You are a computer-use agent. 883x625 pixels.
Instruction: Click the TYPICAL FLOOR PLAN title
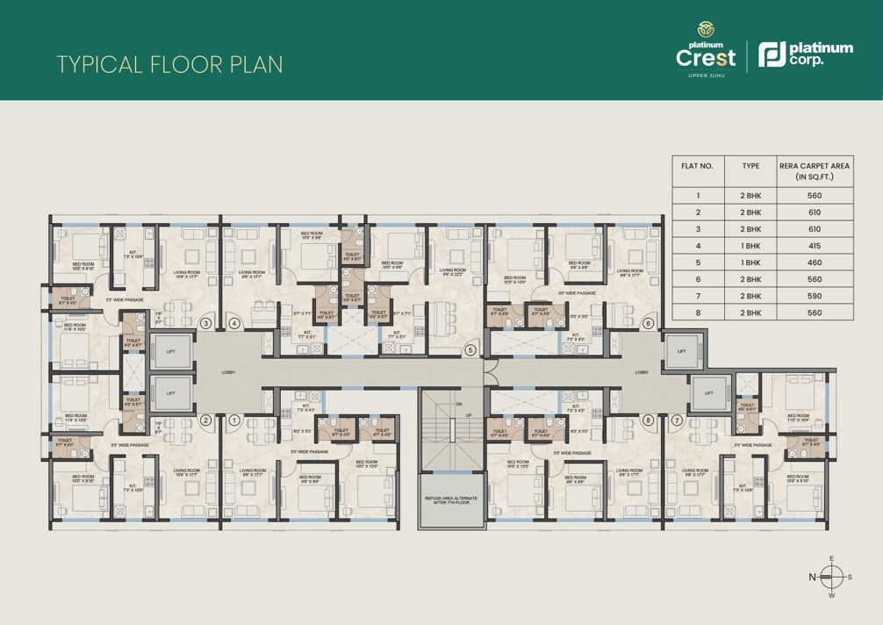pyautogui.click(x=169, y=64)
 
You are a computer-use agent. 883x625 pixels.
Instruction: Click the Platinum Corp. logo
pyautogui.click(x=804, y=54)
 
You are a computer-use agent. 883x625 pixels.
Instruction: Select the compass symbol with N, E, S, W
pyautogui.click(x=832, y=576)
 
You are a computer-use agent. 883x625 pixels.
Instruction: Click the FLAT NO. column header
pyautogui.click(x=698, y=165)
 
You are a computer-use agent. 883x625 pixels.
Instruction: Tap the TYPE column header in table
pyautogui.click(x=750, y=165)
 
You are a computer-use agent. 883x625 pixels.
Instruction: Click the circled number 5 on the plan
pyautogui.click(x=470, y=350)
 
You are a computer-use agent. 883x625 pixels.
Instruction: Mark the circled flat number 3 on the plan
pyautogui.click(x=205, y=323)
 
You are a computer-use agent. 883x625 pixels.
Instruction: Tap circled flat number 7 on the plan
pyautogui.click(x=677, y=420)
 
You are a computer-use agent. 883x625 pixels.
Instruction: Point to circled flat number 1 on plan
pyautogui.click(x=234, y=420)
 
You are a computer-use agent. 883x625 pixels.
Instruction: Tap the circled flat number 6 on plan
pyautogui.click(x=648, y=323)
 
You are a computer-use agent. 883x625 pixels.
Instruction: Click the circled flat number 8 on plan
pyautogui.click(x=648, y=420)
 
